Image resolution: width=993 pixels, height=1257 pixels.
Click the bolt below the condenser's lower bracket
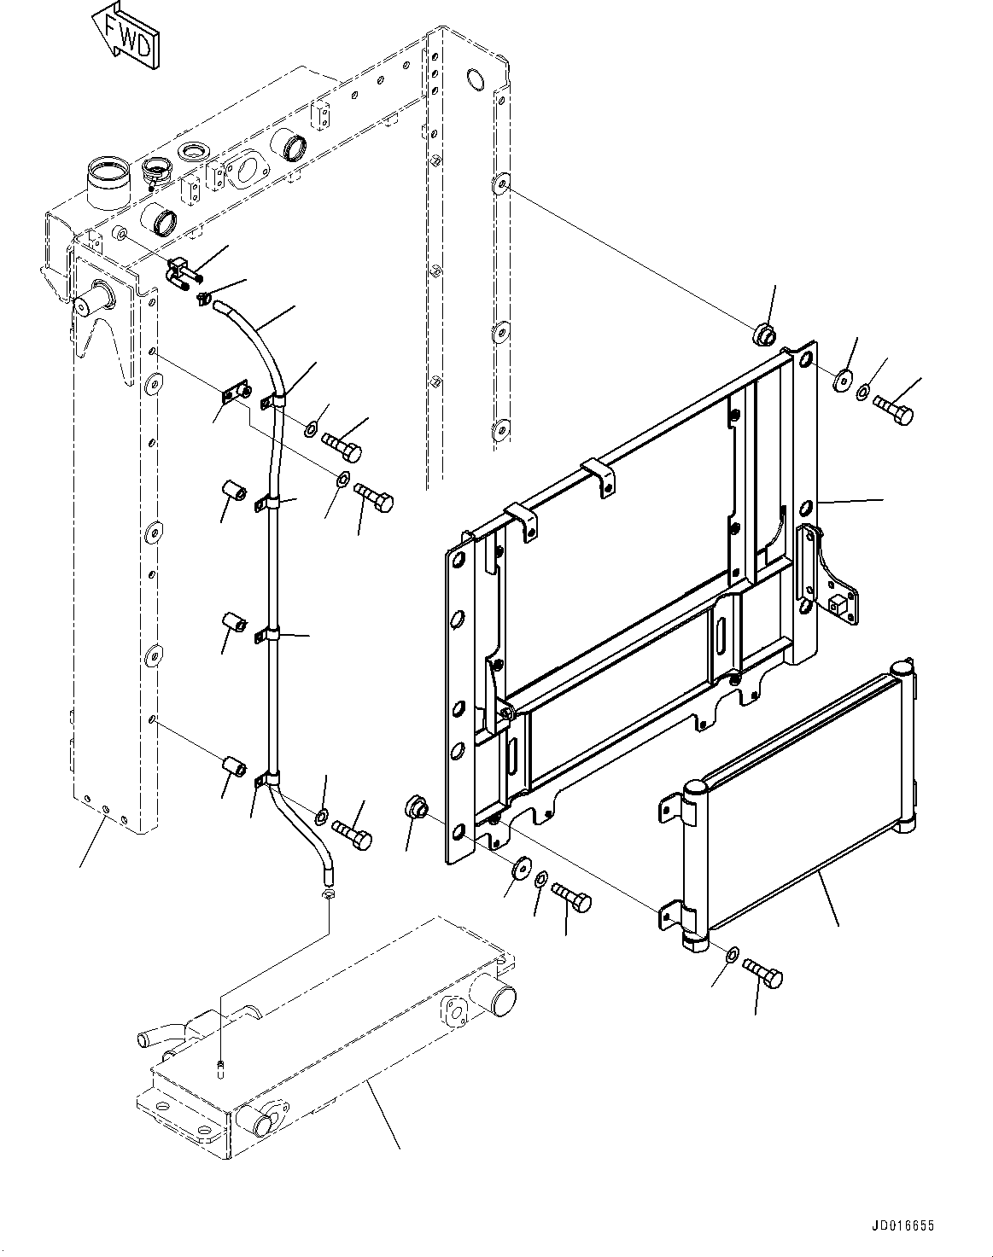[763, 973]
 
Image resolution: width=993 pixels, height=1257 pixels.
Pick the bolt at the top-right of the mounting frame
[895, 410]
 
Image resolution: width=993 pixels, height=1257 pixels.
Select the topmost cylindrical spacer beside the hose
[233, 493]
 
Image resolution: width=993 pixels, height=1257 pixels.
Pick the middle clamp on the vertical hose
[267, 637]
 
